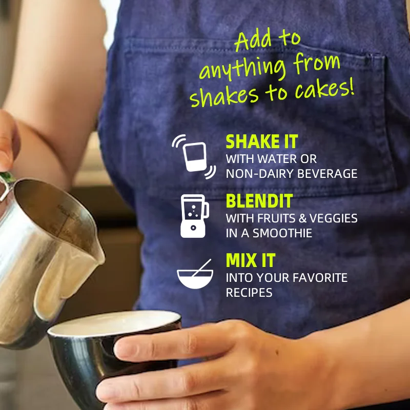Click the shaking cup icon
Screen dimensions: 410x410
click(194, 157)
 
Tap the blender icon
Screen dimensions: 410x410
click(195, 216)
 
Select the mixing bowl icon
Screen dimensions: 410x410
click(195, 274)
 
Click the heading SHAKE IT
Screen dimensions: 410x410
click(262, 141)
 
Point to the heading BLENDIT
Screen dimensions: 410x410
click(259, 201)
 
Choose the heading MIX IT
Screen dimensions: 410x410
click(251, 260)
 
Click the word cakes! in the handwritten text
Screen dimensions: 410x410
click(325, 88)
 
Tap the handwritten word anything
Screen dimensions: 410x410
click(242, 68)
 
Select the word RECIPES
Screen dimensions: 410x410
click(249, 293)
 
